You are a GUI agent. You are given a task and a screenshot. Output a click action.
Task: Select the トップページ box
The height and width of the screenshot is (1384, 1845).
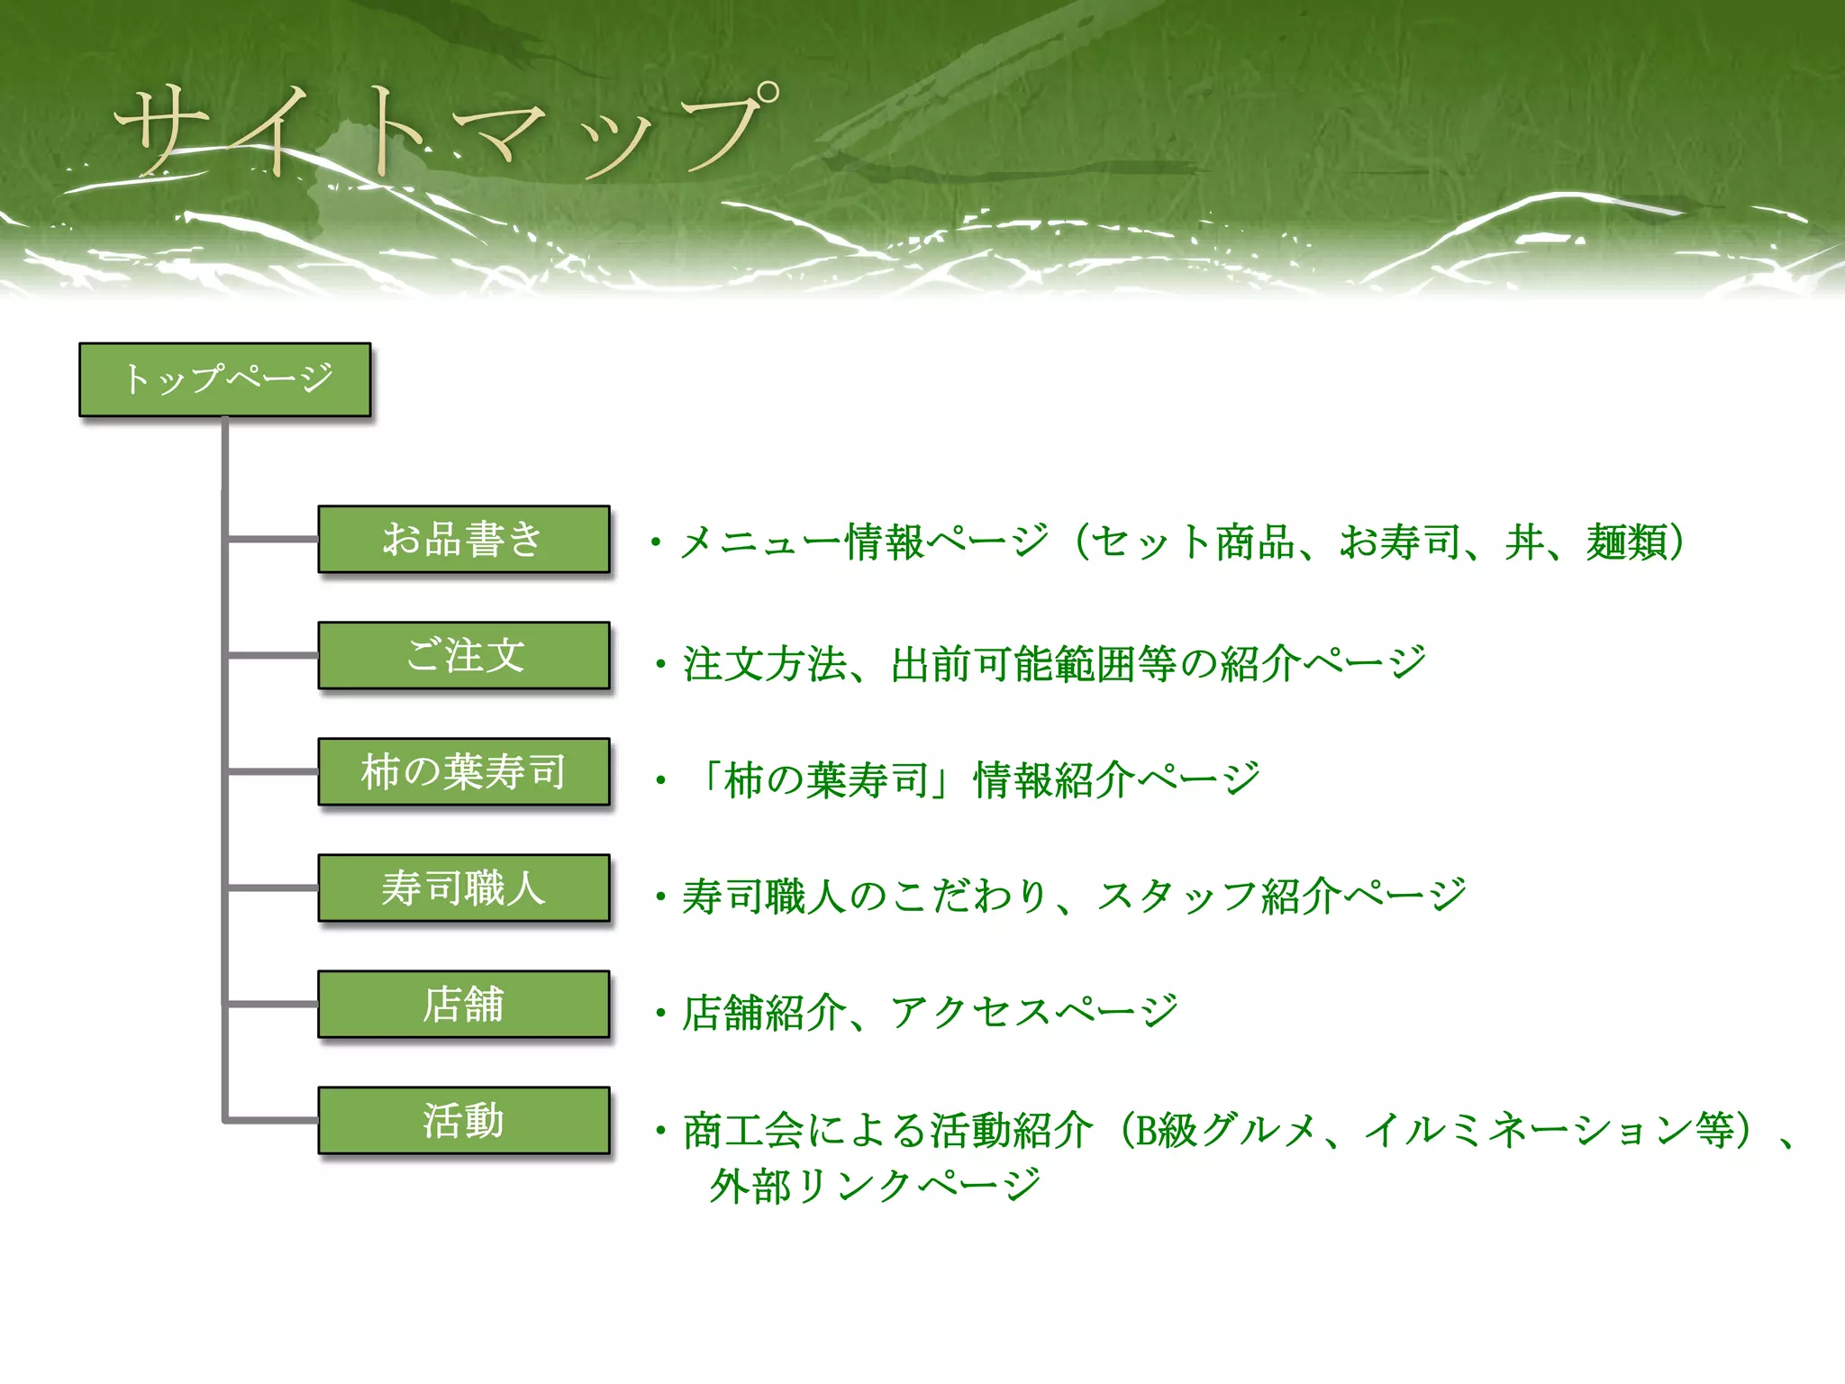[x=225, y=379]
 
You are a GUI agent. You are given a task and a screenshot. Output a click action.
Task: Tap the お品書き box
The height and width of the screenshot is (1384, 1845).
[x=464, y=539]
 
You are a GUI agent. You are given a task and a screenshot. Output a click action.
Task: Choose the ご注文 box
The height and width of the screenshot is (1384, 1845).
[x=464, y=655]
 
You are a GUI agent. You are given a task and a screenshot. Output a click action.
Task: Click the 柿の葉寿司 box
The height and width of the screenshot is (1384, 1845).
[x=464, y=771]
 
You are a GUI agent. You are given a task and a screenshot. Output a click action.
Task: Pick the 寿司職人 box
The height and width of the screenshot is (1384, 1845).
[x=464, y=888]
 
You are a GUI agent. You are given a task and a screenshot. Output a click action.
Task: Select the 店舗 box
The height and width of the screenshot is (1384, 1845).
[x=464, y=1004]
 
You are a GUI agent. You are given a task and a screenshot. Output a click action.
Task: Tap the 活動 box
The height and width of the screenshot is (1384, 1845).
[x=464, y=1120]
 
